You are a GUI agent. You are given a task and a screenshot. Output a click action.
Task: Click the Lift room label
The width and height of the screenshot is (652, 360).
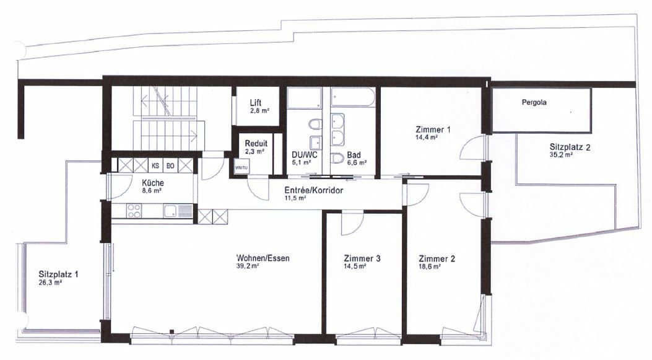pos(256,102)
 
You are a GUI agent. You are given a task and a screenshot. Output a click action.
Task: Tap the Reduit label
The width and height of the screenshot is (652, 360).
pos(255,143)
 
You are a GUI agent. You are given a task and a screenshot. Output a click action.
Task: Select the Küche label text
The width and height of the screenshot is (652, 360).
pos(152,183)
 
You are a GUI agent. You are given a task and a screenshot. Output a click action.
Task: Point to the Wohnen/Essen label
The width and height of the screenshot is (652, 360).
pos(263,258)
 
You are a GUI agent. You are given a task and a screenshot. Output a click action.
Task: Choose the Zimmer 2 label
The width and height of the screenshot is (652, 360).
pos(437,258)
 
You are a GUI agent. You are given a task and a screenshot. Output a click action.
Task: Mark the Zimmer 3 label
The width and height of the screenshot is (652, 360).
pos(362,258)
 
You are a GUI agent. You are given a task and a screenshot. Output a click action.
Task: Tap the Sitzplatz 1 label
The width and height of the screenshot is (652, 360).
pos(58,274)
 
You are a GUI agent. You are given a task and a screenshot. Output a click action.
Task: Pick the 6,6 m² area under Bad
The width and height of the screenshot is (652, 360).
pos(357,163)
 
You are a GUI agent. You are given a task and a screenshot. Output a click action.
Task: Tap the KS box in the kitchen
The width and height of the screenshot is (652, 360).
pos(155,166)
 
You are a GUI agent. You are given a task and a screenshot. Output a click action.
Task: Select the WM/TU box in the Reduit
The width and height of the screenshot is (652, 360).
pos(240,168)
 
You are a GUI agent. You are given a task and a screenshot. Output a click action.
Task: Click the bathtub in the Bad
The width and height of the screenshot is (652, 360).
pos(352,99)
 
